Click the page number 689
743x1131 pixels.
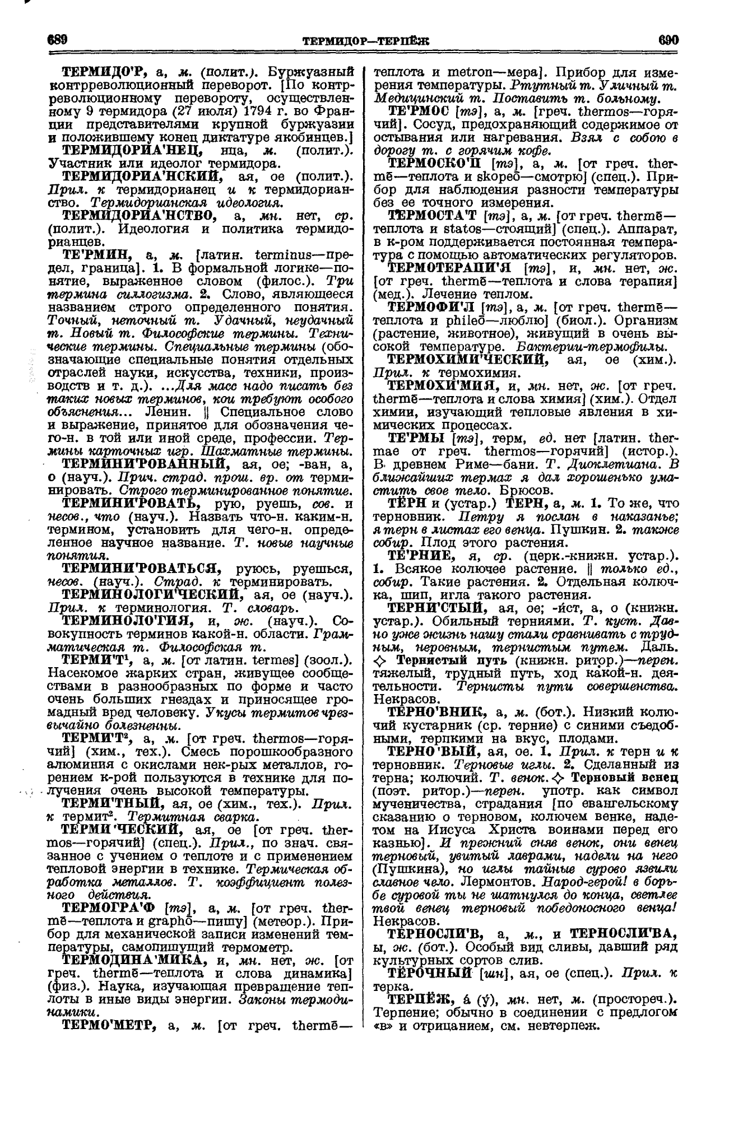[x=58, y=40]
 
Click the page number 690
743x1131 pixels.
[x=668, y=40]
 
